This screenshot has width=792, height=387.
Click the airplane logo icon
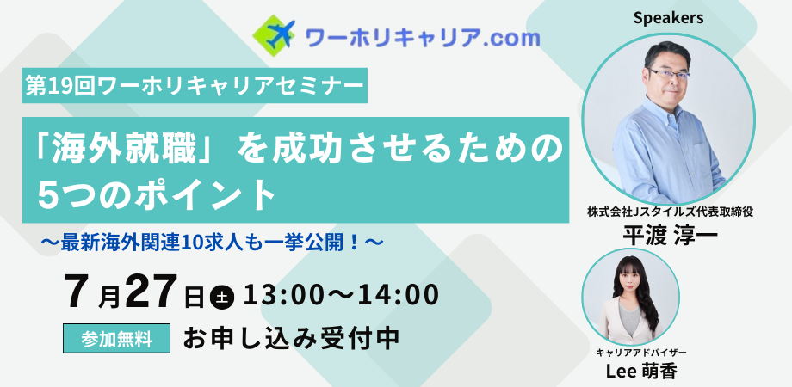point(275,35)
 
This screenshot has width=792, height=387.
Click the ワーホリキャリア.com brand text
point(423,37)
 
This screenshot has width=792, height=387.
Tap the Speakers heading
point(668,18)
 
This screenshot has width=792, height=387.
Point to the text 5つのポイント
point(157,194)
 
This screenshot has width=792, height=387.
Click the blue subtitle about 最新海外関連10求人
point(212,243)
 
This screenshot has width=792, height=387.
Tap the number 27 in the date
point(151,292)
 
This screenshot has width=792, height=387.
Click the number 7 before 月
point(80,292)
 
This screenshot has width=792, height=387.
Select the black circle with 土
point(222,297)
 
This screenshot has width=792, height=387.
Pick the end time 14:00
point(398,295)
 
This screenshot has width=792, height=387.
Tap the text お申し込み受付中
point(292,339)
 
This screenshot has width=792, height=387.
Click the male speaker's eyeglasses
point(669,75)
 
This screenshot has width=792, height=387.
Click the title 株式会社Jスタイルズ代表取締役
point(670,212)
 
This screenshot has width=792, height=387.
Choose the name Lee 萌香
point(641,371)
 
